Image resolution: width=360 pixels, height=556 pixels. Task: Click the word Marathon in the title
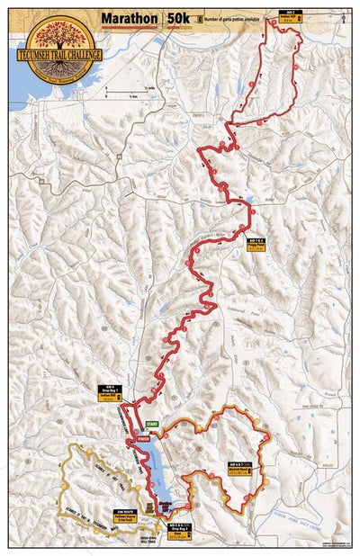tap(130, 17)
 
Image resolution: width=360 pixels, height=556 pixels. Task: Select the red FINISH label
tap(143, 439)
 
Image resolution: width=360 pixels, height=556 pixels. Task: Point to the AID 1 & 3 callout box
tap(255, 243)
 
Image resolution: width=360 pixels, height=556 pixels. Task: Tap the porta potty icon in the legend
tap(199, 17)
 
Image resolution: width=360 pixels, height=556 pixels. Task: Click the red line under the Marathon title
tap(130, 27)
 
